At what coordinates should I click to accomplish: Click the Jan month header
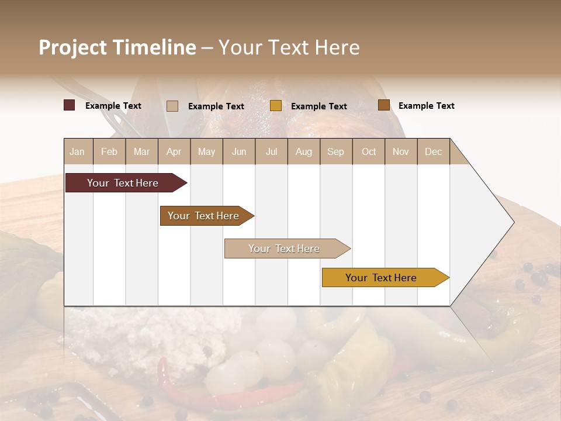(x=78, y=151)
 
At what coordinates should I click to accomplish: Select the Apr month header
(x=174, y=151)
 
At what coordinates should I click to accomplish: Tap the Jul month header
(x=271, y=151)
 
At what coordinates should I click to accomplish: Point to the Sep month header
(x=335, y=151)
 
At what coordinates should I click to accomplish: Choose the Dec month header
(x=433, y=151)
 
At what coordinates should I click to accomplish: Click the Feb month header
(x=109, y=151)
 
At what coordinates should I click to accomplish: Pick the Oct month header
(x=369, y=151)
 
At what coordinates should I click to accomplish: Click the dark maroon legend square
(x=70, y=105)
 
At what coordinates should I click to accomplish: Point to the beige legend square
(x=172, y=106)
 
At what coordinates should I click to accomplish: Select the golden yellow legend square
(x=276, y=106)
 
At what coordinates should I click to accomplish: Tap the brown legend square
(x=383, y=105)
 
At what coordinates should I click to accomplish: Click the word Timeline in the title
(x=154, y=47)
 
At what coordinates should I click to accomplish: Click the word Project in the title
(x=72, y=47)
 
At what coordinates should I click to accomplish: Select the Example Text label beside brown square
(x=427, y=105)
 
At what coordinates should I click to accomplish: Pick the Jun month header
(x=239, y=151)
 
